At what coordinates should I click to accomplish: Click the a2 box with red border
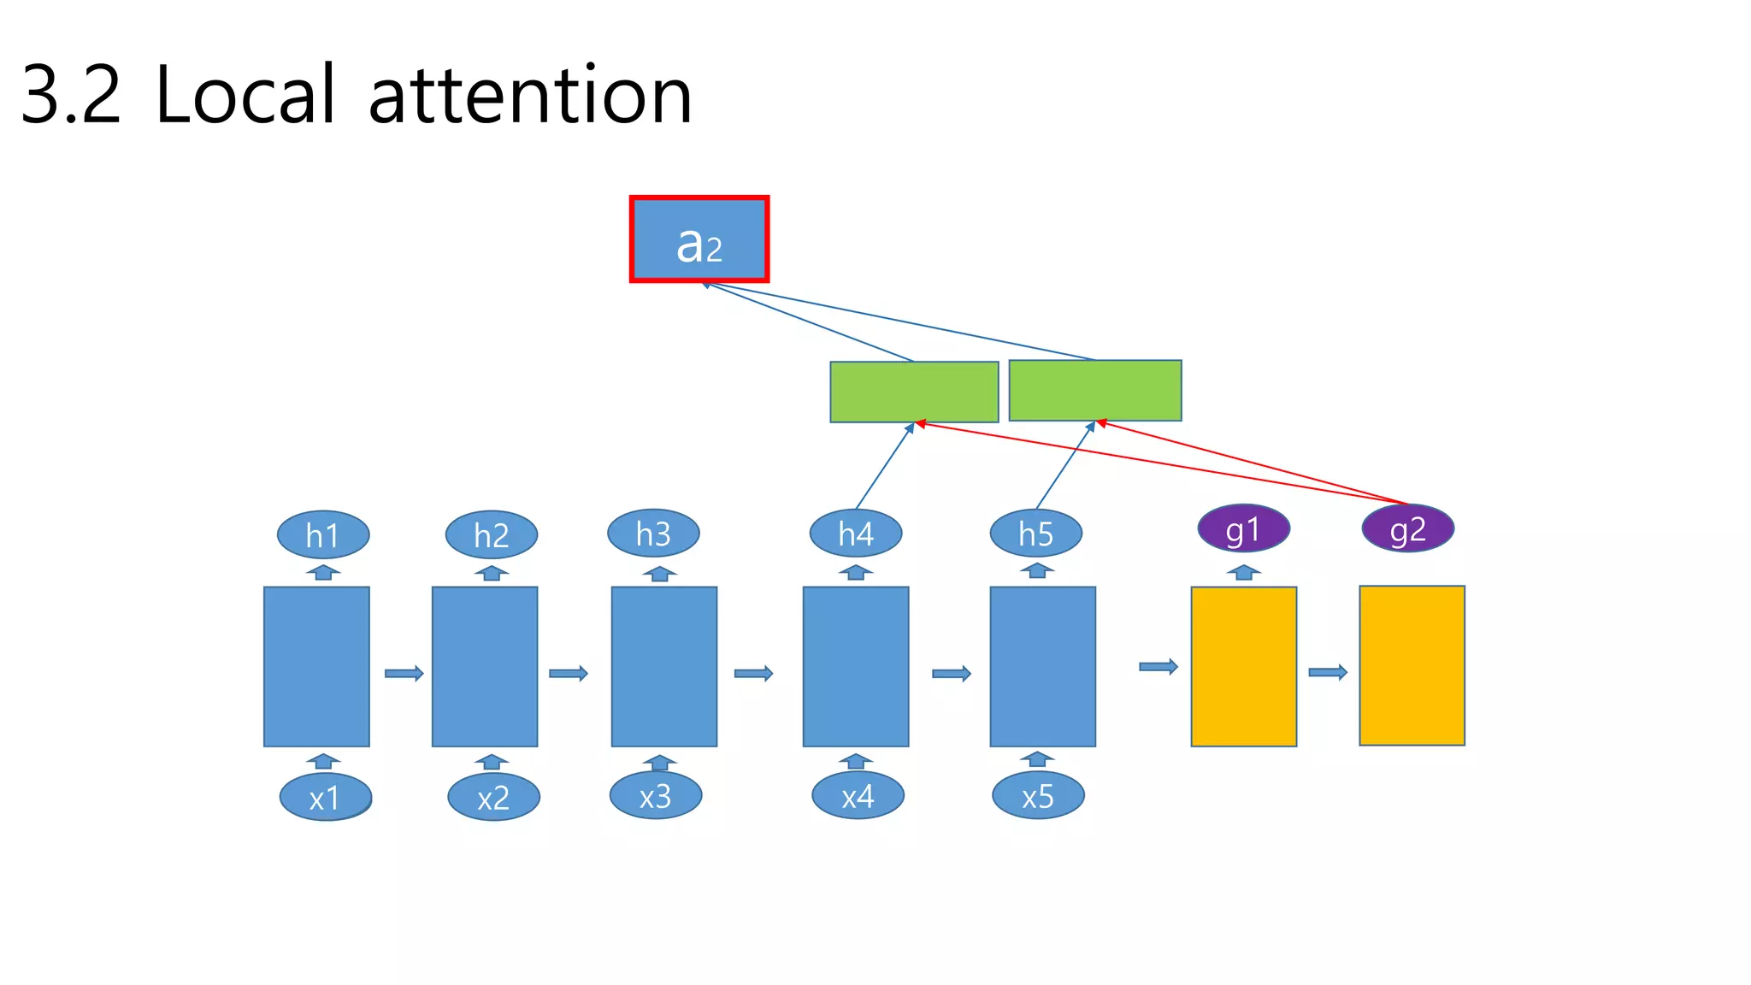tap(699, 239)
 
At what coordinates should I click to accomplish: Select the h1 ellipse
tap(323, 535)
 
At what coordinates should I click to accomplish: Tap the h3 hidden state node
tap(653, 534)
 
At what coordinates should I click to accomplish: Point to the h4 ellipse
tap(856, 534)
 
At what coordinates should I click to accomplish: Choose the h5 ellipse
tap(1036, 534)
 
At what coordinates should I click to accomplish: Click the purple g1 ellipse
tap(1243, 529)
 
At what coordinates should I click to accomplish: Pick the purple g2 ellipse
tap(1407, 529)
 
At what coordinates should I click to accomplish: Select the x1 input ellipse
tap(325, 798)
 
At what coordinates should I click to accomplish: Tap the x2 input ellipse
tap(493, 798)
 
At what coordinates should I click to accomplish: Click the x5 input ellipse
tap(1038, 796)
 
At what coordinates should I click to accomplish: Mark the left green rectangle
tap(914, 392)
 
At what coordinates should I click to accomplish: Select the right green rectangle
tap(1095, 391)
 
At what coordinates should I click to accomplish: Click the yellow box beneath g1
tap(1244, 667)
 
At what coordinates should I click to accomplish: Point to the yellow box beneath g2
tap(1412, 666)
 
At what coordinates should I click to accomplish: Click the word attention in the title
tap(530, 96)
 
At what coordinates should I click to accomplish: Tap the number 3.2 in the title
tap(71, 96)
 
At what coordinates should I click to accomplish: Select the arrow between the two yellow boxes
tap(1328, 673)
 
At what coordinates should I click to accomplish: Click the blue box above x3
tap(664, 667)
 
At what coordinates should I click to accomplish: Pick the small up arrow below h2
tap(492, 573)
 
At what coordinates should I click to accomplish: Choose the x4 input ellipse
tap(858, 796)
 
